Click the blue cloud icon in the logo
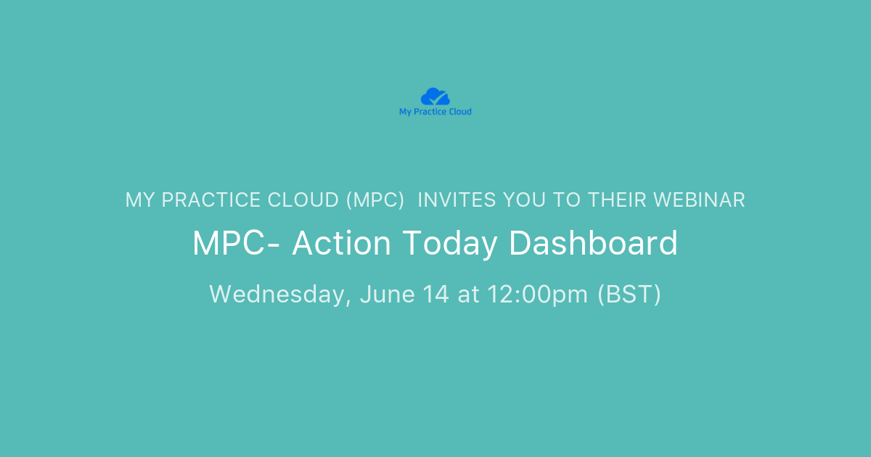click(x=435, y=96)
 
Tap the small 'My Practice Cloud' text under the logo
click(x=435, y=112)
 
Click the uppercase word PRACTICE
click(x=216, y=200)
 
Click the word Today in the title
click(x=450, y=244)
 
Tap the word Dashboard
click(x=593, y=244)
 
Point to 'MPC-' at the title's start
click(x=237, y=244)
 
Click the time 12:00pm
click(x=536, y=295)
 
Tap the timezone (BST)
click(x=629, y=295)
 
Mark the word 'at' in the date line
click(x=468, y=295)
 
